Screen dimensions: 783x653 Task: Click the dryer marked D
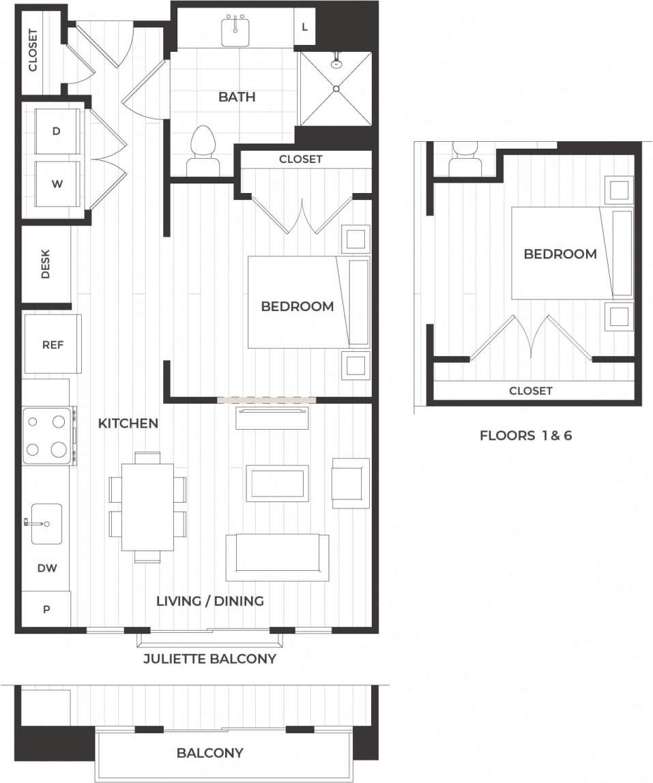pyautogui.click(x=57, y=131)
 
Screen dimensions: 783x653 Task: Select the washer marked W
pyautogui.click(x=57, y=183)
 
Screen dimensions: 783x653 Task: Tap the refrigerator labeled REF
pyautogui.click(x=53, y=344)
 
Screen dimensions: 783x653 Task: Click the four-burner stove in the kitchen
pyautogui.click(x=48, y=436)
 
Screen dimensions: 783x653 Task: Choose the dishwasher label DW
pyautogui.click(x=46, y=567)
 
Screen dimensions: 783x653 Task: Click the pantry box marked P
pyautogui.click(x=46, y=609)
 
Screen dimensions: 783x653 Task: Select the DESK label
pyautogui.click(x=46, y=264)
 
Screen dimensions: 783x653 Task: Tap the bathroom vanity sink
pyautogui.click(x=235, y=30)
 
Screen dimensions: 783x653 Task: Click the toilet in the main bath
pyautogui.click(x=203, y=149)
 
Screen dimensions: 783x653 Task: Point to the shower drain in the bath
pyautogui.click(x=336, y=88)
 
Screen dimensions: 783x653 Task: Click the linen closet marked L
pyautogui.click(x=304, y=27)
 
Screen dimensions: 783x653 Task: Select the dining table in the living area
pyautogui.click(x=147, y=506)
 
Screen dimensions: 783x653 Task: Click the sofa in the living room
pyautogui.click(x=277, y=556)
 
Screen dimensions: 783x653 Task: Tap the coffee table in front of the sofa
pyautogui.click(x=277, y=483)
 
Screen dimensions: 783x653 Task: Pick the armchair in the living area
pyautogui.click(x=350, y=483)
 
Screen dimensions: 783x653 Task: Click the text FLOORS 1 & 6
pyautogui.click(x=525, y=435)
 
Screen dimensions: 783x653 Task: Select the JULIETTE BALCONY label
pyautogui.click(x=209, y=658)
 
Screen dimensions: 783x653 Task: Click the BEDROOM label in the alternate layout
pyautogui.click(x=560, y=254)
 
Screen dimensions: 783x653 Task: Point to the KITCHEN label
pyautogui.click(x=128, y=424)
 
